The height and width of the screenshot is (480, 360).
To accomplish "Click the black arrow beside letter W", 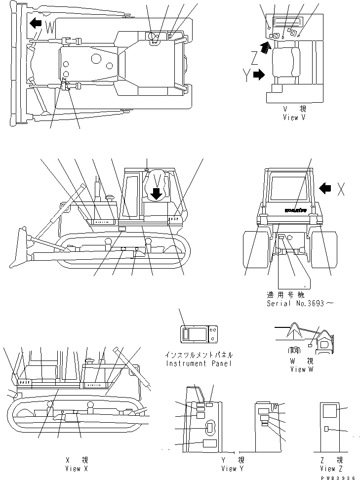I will [35, 23].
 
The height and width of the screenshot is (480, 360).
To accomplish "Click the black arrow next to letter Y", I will [258, 75].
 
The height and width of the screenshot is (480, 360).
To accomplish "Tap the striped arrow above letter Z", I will [266, 47].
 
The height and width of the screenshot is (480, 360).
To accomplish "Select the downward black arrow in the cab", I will [156, 194].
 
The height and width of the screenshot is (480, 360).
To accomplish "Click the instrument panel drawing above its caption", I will [200, 335].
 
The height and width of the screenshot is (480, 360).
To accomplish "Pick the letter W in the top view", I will [50, 28].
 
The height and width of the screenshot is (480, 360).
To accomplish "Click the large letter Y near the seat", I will [246, 76].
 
